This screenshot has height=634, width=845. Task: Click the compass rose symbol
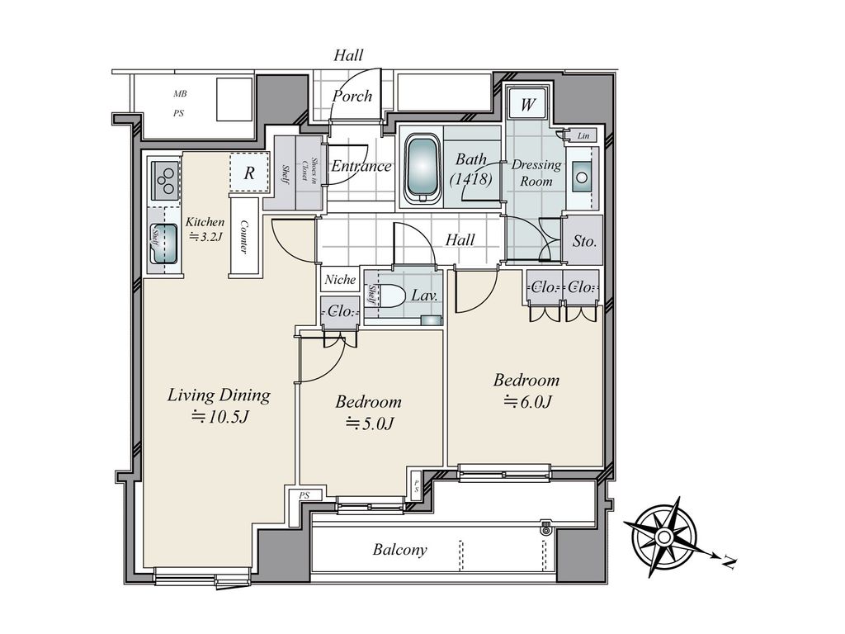coord(664,537)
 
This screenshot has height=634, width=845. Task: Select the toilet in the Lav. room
coord(389,296)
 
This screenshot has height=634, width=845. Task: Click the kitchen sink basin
coord(164,244)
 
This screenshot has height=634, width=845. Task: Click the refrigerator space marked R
coord(249,173)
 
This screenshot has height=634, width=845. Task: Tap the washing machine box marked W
coord(527,104)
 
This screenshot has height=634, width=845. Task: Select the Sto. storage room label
coord(584,241)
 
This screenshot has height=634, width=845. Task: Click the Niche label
coord(340,279)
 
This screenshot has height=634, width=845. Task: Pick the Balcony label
coord(400,549)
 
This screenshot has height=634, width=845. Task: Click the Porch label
coord(352,96)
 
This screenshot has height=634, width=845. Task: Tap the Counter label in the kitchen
coord(244,237)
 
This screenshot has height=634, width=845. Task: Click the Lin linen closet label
coord(583,136)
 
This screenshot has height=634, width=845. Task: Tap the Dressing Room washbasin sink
coord(582,177)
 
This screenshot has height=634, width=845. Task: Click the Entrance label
coord(361,166)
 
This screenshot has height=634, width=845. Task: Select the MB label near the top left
coord(180,94)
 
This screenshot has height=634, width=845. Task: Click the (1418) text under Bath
coord(471,178)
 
